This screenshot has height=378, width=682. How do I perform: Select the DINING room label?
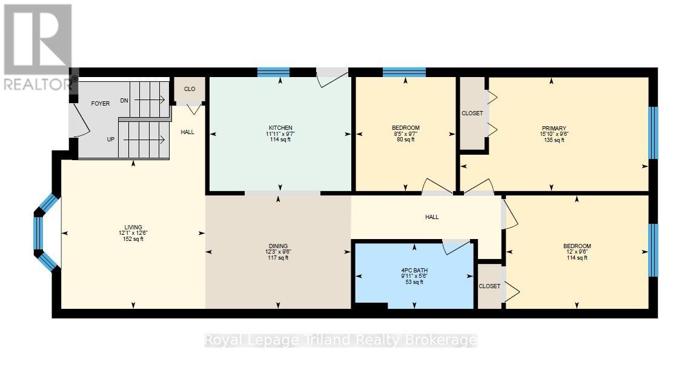click(x=278, y=246)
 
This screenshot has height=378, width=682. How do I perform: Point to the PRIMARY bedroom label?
click(x=552, y=128)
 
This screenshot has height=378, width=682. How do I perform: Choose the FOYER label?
click(x=101, y=104)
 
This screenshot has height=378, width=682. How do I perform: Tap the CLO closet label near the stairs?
click(x=190, y=89)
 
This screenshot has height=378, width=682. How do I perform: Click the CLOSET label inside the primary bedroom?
click(x=472, y=113)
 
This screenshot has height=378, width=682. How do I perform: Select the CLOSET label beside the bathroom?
click(x=489, y=286)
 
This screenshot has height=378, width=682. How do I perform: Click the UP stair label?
click(x=111, y=139)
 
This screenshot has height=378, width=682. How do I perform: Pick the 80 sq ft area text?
click(x=405, y=140)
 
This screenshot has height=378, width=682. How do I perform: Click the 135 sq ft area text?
click(x=552, y=140)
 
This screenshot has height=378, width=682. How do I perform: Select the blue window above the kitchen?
click(x=273, y=72)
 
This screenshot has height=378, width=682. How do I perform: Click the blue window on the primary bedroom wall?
click(x=653, y=132)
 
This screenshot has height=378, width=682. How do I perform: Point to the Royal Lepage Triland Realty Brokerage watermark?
click(x=340, y=340)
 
